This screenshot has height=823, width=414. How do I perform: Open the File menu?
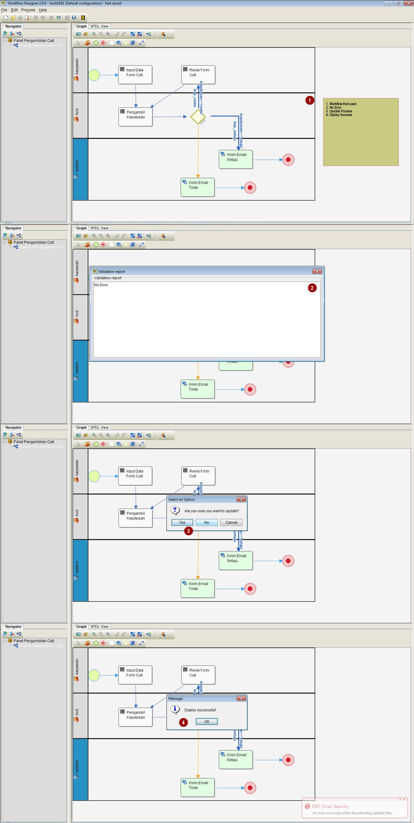point(4,10)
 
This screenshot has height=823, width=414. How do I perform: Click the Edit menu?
point(14,10)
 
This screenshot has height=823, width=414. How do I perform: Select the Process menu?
point(28,10)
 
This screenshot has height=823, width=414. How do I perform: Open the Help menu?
point(43,10)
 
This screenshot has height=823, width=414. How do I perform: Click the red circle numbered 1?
point(310,100)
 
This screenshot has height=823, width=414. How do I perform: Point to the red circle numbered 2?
point(312,288)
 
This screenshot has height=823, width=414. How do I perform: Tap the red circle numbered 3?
point(188,531)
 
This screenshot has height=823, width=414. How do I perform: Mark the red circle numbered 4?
point(183,722)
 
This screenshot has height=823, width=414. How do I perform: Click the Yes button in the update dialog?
point(182,522)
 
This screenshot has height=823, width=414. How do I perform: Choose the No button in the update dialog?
point(206,522)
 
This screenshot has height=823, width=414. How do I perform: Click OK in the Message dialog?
point(206,721)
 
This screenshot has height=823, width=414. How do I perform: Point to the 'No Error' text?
point(101,285)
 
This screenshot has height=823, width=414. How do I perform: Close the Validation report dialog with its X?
point(317,271)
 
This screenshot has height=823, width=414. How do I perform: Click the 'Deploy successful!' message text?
point(200,710)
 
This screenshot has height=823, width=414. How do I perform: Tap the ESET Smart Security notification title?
point(330,806)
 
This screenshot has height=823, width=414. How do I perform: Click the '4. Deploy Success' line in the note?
point(339,115)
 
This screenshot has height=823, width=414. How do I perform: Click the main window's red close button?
point(408,3)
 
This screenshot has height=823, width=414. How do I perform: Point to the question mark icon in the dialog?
point(175,510)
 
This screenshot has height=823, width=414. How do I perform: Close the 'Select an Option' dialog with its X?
point(241,500)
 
